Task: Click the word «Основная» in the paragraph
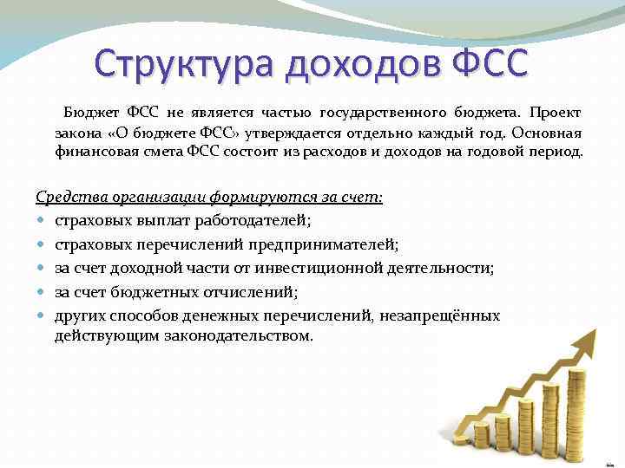547,133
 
